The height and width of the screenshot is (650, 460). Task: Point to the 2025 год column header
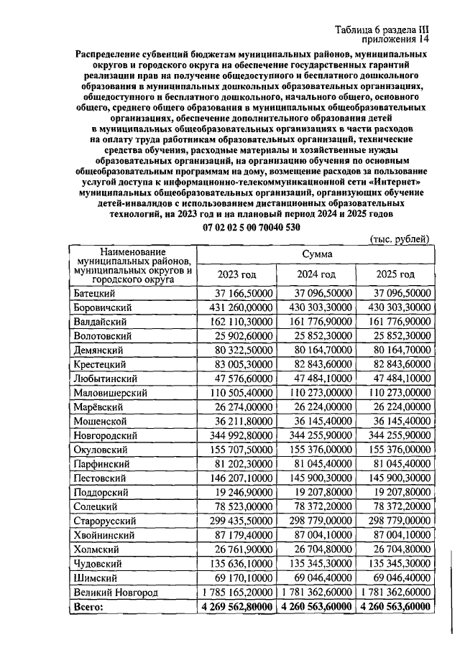(x=395, y=274)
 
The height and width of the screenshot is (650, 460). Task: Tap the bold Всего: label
(x=89, y=607)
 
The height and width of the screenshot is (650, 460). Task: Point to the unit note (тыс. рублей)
(x=399, y=238)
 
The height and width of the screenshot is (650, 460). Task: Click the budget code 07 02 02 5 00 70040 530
(x=252, y=227)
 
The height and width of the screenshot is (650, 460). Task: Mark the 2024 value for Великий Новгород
(x=315, y=593)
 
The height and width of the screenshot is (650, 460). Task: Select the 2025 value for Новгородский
(x=395, y=436)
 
